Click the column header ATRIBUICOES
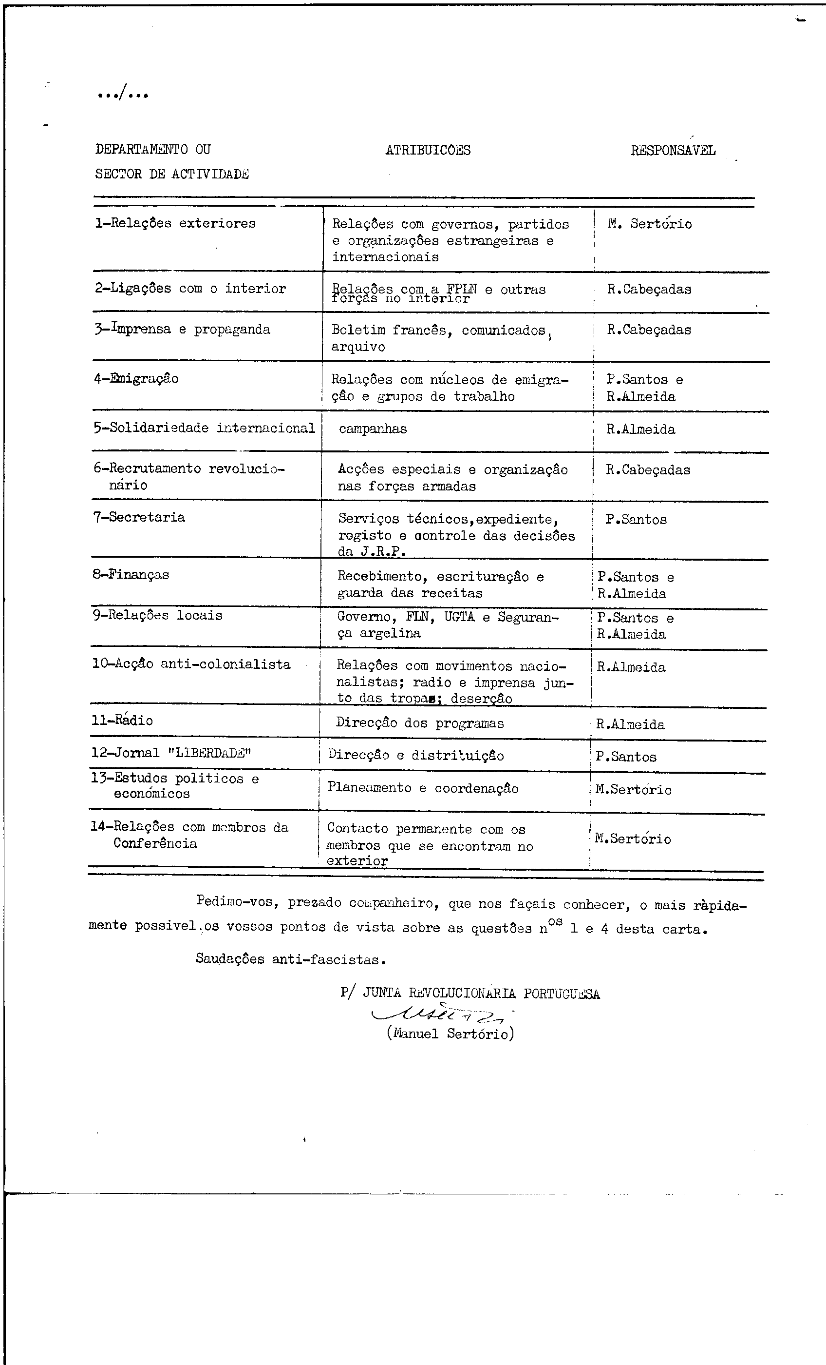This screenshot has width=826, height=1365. click(428, 150)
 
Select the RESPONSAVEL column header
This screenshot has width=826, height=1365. click(673, 151)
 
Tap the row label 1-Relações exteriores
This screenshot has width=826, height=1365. click(175, 223)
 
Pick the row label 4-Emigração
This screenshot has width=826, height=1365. click(136, 379)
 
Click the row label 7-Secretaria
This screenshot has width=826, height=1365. click(139, 517)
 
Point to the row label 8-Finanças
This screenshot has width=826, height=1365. click(131, 574)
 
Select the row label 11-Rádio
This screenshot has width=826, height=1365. click(122, 720)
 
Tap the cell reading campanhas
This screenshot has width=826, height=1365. click(373, 429)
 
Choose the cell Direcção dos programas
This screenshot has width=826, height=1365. click(420, 723)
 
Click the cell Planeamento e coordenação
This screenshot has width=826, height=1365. click(423, 788)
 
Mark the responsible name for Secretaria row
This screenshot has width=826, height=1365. click(636, 520)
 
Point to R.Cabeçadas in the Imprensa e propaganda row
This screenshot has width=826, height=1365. click(649, 330)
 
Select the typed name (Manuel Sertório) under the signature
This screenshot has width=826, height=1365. click(450, 1033)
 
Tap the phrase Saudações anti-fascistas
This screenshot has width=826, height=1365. click(291, 959)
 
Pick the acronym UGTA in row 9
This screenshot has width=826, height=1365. click(459, 617)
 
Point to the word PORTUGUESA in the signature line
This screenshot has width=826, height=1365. click(562, 994)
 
